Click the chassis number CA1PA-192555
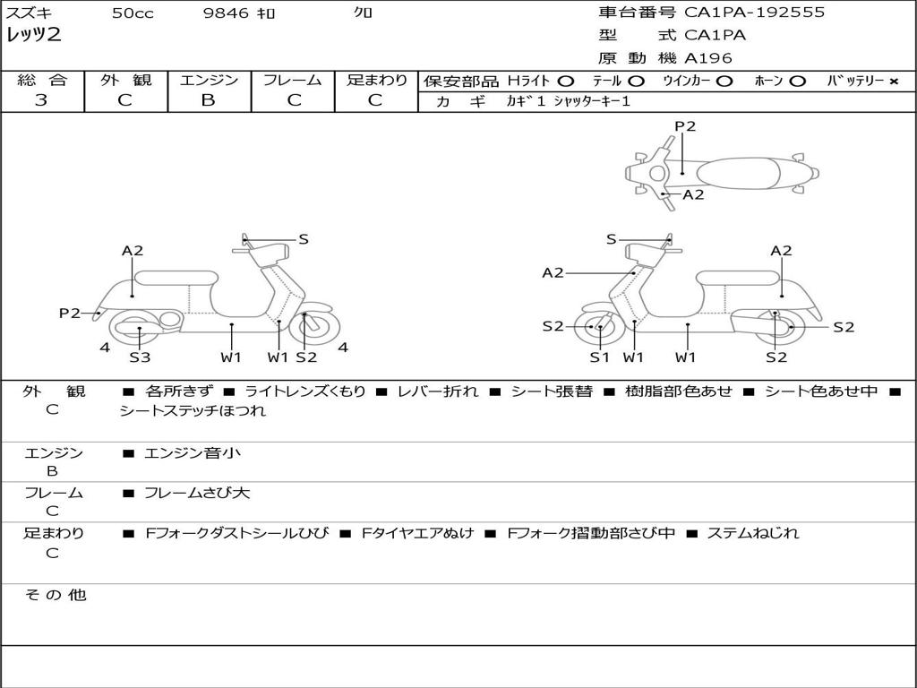pos(754,13)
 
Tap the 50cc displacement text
pos(133,13)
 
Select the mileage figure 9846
pos(226,13)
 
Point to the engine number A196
pos(708,58)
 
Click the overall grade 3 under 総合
pos(41,100)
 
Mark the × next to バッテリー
pos(893,81)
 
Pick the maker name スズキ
pos(29,13)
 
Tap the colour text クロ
pos(363,13)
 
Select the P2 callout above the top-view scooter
pos(685,126)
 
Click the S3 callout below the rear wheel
pos(140,357)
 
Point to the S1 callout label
pos(599,357)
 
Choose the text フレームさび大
pos(197,493)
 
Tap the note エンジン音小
pos(192,453)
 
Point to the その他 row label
pos(55,595)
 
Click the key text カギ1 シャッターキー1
pos(568,101)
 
